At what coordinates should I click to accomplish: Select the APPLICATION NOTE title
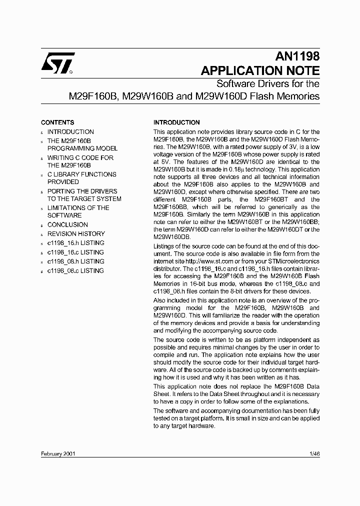(x=259, y=70)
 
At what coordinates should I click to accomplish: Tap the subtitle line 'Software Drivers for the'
(x=267, y=83)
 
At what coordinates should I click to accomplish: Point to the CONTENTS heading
(x=57, y=122)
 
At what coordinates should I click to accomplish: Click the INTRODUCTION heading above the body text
(x=176, y=122)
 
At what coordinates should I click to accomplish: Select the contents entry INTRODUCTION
(x=70, y=132)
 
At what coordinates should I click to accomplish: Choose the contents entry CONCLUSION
(x=67, y=225)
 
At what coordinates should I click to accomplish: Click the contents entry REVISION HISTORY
(x=76, y=234)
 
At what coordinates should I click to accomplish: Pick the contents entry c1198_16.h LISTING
(x=75, y=243)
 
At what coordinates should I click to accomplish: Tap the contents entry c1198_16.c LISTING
(x=75, y=252)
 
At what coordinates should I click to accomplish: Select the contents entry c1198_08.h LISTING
(x=75, y=261)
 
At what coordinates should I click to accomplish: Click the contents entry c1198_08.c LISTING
(x=75, y=271)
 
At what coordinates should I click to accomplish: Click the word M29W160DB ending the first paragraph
(x=171, y=236)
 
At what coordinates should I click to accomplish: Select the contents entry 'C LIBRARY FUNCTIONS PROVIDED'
(x=81, y=178)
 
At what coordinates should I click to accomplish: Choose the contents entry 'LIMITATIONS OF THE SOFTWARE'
(x=78, y=212)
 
